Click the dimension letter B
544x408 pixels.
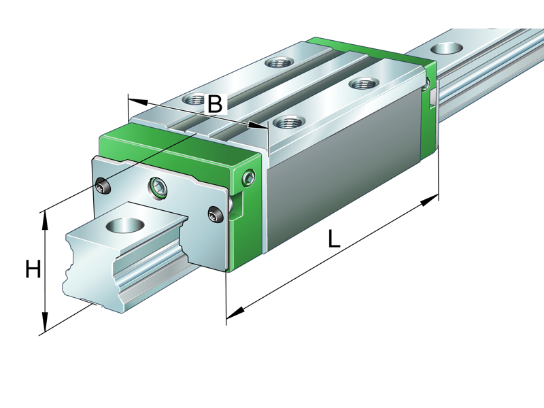pos(214,104)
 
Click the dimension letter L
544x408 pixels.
pos(334,239)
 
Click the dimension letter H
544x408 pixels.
pos(32,270)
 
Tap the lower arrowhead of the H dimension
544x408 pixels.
pos(45,325)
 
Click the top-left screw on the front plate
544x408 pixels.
pos(102,186)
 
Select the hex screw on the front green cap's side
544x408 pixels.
pos(248,179)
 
